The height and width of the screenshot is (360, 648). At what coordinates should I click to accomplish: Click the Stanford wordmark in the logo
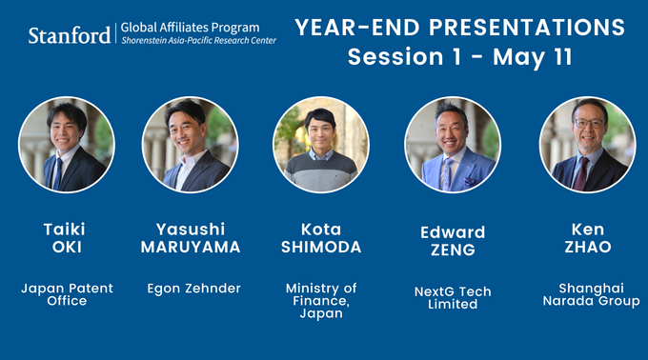pos(69,35)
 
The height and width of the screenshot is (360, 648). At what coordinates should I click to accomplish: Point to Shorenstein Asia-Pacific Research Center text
pos(198,42)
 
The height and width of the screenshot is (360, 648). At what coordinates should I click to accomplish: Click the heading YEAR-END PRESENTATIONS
pos(459,27)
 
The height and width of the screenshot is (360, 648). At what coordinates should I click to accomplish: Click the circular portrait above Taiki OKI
pos(67,145)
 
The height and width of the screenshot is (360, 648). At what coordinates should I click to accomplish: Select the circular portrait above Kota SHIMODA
pos(321,145)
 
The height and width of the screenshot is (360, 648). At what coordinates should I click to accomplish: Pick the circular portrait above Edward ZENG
pos(453,145)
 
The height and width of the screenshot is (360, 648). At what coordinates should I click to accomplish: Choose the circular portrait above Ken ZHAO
pos(587,145)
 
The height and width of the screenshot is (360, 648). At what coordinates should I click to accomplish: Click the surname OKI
pos(67,247)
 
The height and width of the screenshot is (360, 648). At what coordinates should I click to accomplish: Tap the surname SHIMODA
pos(321,247)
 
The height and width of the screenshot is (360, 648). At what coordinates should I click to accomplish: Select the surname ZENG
pos(453,250)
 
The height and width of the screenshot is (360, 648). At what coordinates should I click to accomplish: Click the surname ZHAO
pos(587,247)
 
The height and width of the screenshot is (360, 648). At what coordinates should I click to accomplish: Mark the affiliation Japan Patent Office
pos(67,294)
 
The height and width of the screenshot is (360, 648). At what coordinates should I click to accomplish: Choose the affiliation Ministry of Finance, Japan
pos(321,300)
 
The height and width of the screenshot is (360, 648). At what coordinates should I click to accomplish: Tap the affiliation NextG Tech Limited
pos(453,298)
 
